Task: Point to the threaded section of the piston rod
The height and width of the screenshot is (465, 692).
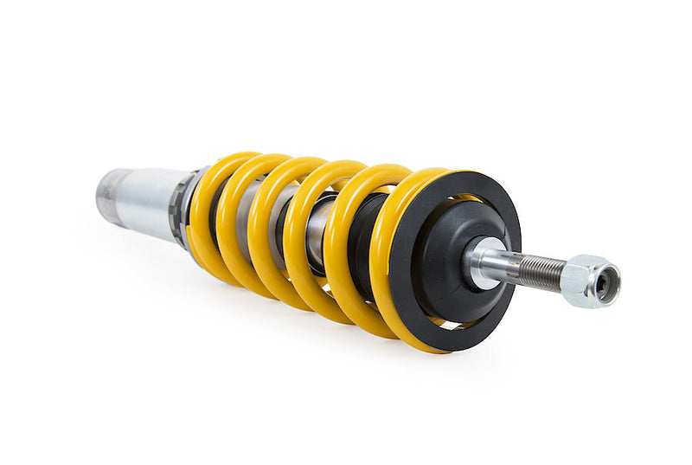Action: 540,273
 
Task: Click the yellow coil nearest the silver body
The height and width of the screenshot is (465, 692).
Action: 203,216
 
